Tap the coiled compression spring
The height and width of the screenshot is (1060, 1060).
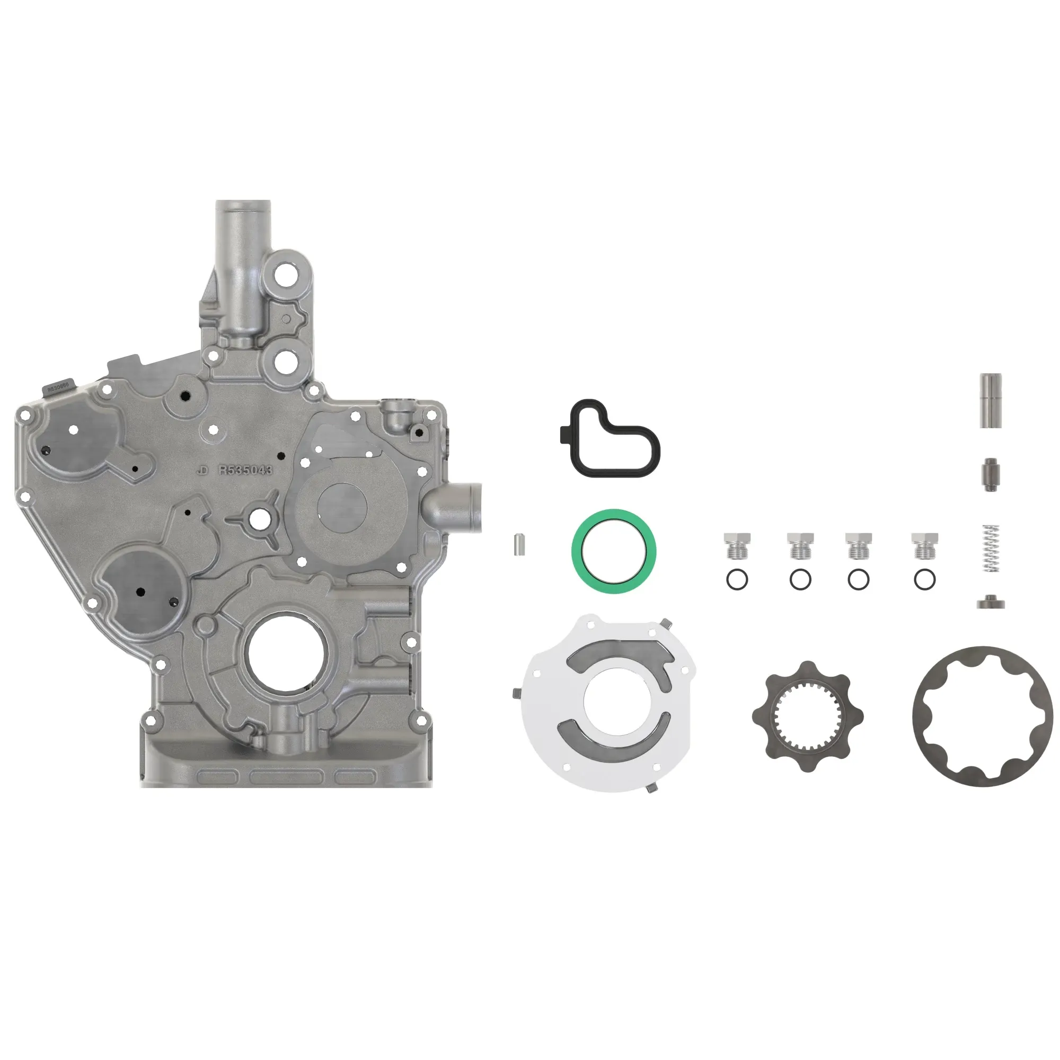[991, 549]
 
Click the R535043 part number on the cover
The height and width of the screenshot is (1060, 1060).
[245, 470]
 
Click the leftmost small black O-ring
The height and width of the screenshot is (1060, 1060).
[737, 580]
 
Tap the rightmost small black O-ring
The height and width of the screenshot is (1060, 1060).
[924, 580]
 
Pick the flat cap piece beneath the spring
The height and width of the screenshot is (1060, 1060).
[991, 603]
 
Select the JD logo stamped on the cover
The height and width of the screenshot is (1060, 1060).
[202, 471]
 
